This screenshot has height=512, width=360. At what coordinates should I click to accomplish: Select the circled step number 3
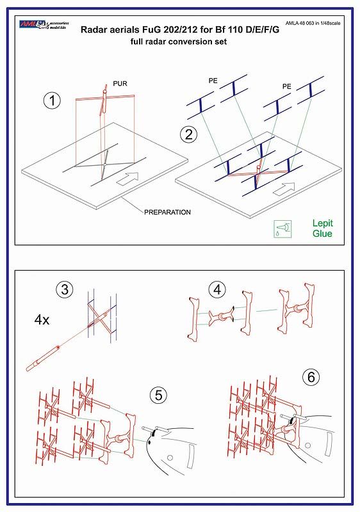[x=63, y=289]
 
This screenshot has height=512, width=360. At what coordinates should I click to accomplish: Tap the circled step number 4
[x=218, y=289]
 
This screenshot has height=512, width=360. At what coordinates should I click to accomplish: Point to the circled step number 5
[x=158, y=395]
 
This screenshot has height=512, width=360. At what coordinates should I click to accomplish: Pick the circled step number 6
[x=311, y=378]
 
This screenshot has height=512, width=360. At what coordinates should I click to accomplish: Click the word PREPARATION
[x=168, y=211]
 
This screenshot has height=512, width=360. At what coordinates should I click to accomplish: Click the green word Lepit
[x=322, y=223]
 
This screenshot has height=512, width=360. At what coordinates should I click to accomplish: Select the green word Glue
[x=322, y=234]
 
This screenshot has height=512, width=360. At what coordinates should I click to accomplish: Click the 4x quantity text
[x=41, y=319]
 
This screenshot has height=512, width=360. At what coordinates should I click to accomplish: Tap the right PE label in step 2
[x=288, y=85]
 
